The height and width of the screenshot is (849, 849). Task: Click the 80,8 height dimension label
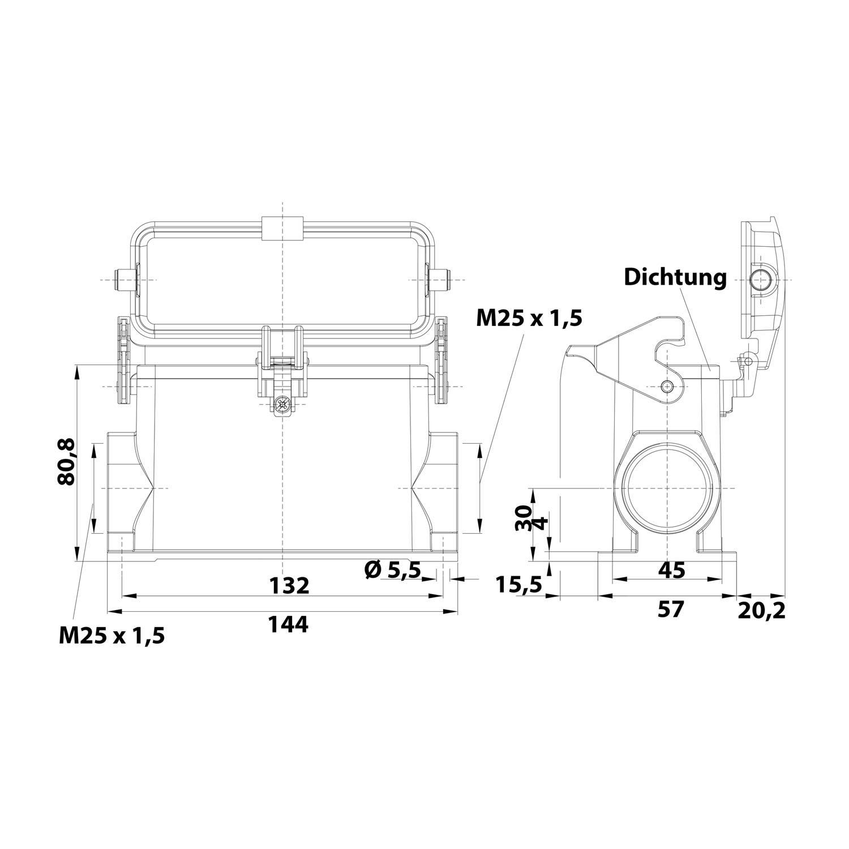pos(66,462)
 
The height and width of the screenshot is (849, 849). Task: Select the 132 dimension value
pos(289,586)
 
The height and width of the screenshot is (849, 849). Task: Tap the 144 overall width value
pos(288,624)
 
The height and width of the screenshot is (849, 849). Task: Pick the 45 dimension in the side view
pos(672,570)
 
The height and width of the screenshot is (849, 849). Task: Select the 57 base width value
pos(671,610)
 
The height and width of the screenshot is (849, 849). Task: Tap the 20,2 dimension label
pos(762,611)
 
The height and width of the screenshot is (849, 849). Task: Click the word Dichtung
pos(675,278)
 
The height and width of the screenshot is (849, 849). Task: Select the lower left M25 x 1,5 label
pos(112,636)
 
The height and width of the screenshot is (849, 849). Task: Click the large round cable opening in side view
pos(623,488)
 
